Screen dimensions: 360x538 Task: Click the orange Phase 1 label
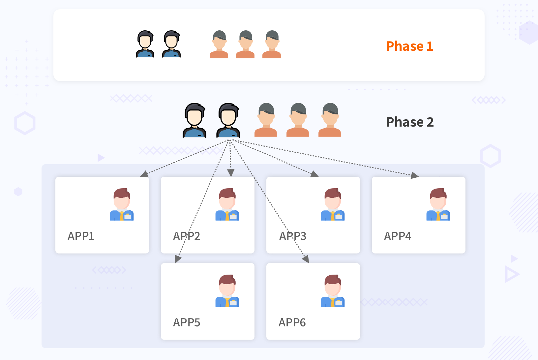coord(409,46)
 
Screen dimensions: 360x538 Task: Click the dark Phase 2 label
coord(410,122)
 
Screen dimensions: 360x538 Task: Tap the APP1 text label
coord(81,236)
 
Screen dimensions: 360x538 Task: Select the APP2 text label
coord(187,236)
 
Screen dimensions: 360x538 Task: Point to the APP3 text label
coord(293,236)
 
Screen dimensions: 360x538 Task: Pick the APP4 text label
coord(398,236)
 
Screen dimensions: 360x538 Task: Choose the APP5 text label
coord(187,322)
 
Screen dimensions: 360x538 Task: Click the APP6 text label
coord(292,322)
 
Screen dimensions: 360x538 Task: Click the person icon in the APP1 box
coord(122,204)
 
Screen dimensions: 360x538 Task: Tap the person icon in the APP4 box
coord(438,204)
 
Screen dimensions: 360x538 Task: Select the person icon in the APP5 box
coord(227,291)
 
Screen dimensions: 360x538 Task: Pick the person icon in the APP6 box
coord(333,291)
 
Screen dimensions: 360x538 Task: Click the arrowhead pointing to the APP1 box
coord(144,174)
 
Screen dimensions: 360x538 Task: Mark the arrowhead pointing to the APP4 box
coord(415,175)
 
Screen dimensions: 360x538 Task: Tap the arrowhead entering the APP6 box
coord(306,259)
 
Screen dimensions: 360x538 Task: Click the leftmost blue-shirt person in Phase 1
coord(145,44)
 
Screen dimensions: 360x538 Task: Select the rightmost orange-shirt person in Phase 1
coord(272,44)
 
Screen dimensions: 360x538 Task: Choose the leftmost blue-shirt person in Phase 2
coord(194,120)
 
